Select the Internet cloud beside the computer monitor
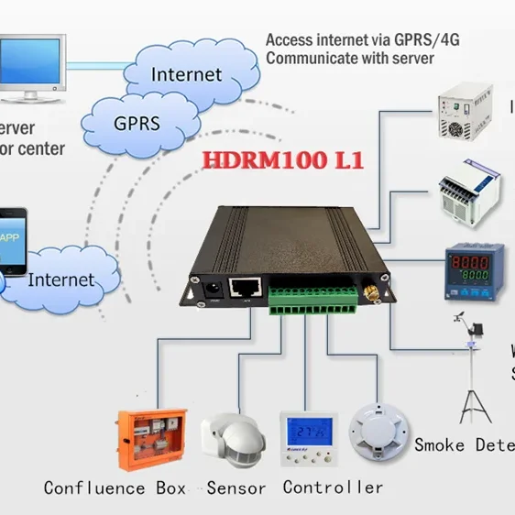[x=185, y=73]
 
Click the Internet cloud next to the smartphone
[x=60, y=279]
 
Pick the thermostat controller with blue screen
[x=307, y=441]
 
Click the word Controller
[x=332, y=487]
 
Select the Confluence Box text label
[x=115, y=488]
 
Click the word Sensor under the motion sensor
[x=236, y=488]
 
